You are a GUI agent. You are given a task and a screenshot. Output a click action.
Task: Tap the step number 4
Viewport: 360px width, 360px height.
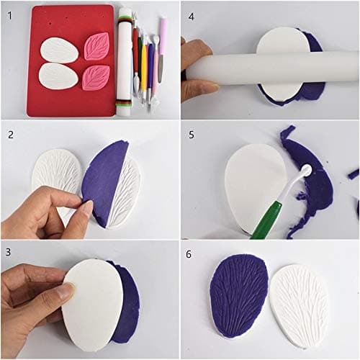191,14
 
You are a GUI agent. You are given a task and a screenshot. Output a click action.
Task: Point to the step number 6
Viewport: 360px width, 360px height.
191,253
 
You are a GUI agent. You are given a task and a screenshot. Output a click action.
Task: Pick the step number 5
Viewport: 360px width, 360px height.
191,134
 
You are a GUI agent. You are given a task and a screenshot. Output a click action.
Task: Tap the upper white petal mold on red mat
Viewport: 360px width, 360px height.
59,49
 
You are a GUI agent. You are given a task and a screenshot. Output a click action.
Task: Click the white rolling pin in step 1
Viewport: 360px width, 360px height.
125,61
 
